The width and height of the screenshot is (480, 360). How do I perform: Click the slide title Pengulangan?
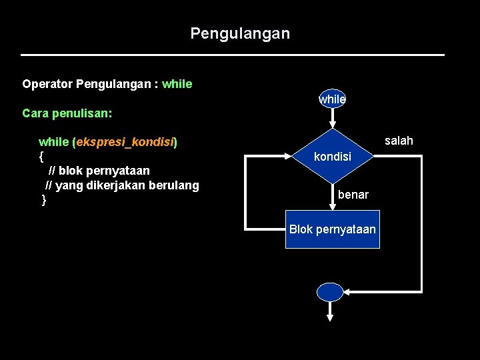(x=240, y=33)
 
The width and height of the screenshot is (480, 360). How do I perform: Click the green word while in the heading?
(x=177, y=84)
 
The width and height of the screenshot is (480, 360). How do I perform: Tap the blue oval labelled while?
(x=332, y=99)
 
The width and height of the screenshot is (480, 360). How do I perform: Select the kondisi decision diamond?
(x=332, y=157)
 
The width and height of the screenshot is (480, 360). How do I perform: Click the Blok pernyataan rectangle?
(x=332, y=229)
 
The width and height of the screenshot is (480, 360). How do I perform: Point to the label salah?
(x=399, y=141)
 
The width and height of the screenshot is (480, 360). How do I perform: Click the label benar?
(x=353, y=195)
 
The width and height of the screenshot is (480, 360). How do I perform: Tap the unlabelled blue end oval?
(x=330, y=292)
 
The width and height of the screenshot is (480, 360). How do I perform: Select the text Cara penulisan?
(x=67, y=113)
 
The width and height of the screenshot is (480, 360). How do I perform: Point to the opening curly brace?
(x=41, y=156)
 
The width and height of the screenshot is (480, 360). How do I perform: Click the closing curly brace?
(x=44, y=200)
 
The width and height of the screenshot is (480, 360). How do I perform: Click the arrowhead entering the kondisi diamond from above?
(x=332, y=124)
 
